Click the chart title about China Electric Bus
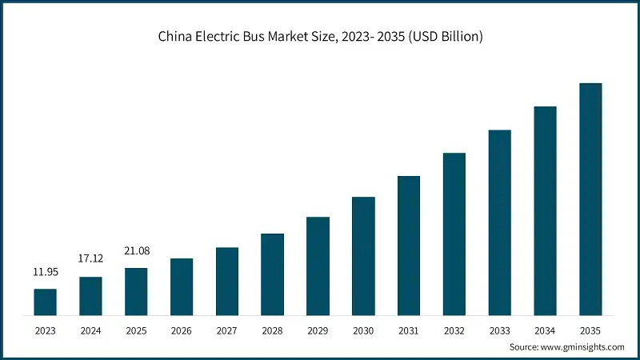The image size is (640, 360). coord(320,36)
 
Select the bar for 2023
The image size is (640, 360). coord(45,302)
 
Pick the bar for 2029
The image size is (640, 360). coord(318,266)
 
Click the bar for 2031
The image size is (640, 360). coord(409,245)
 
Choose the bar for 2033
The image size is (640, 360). coord(499,222)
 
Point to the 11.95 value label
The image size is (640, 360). coord(45,272)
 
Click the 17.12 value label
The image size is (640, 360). coord(90,260)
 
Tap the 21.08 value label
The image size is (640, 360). coord(136,251)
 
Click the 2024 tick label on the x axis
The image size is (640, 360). coord(90,329)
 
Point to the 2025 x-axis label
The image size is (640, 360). coord(136,329)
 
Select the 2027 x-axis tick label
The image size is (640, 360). coord(227,329)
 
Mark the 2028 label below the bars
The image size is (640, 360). coord(272,329)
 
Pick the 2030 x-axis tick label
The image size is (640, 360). coord(363,329)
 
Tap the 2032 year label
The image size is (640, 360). coord(454,329)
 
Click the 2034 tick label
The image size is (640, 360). coord(545,329)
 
